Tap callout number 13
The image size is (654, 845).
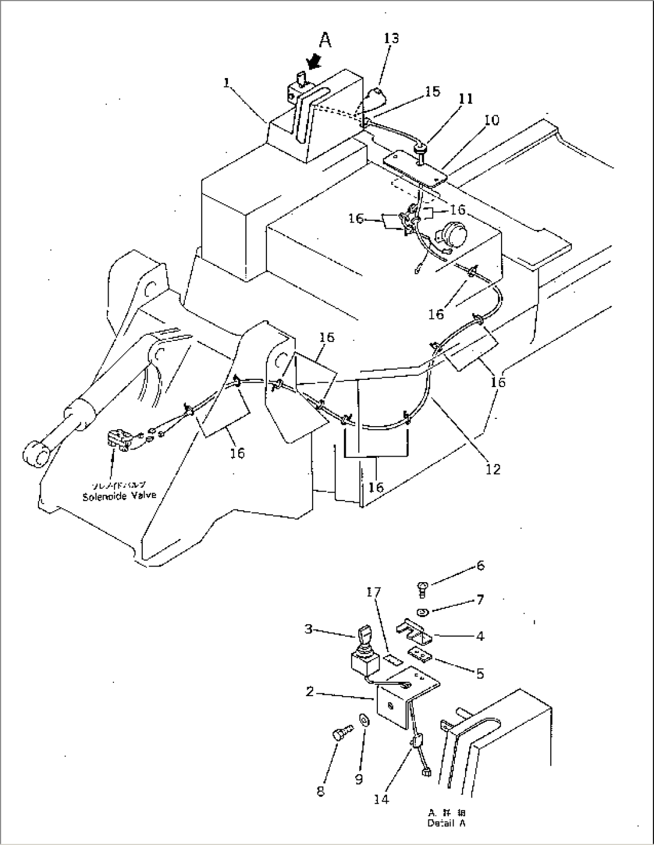[391, 38]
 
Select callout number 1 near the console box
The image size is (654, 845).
[227, 83]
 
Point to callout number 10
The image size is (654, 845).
[491, 121]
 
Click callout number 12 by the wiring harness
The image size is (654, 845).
[493, 469]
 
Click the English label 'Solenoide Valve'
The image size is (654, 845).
[119, 496]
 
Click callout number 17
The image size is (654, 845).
[373, 592]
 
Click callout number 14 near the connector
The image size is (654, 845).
[381, 799]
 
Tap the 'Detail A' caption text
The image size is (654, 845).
[446, 823]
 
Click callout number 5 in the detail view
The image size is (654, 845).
[480, 674]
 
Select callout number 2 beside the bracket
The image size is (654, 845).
[310, 692]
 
